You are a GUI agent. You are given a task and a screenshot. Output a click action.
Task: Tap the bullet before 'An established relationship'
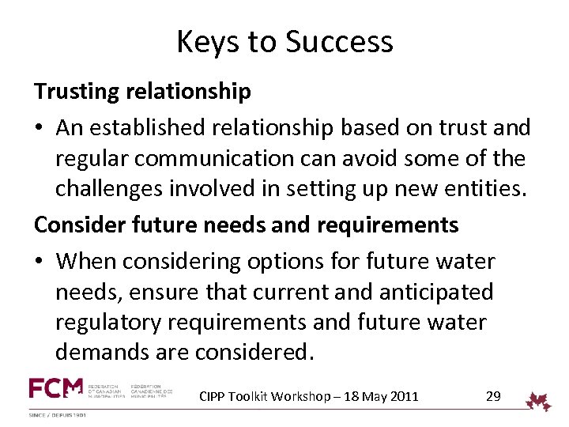coord(40,127)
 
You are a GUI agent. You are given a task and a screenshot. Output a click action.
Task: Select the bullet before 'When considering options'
coord(40,261)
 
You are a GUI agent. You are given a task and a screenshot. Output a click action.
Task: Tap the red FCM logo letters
coord(55,388)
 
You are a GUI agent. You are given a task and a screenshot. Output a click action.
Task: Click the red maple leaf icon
coord(539,401)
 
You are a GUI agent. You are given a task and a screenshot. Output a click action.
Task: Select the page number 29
coord(493,396)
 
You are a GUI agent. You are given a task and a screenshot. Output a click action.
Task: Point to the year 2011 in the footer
coord(403,396)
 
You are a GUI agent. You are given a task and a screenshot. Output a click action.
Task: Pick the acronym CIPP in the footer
coord(212,396)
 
